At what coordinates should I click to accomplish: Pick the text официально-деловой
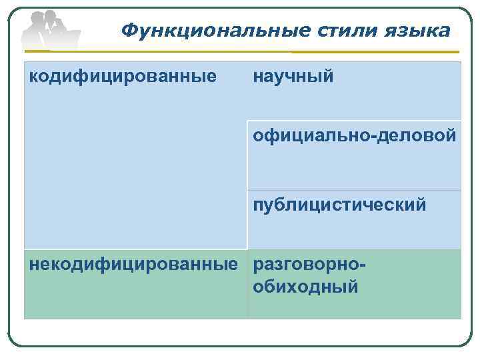tap(355, 137)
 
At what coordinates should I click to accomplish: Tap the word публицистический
tap(339, 205)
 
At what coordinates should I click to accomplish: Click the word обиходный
tap(306, 287)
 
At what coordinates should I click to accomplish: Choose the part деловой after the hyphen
tap(418, 137)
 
